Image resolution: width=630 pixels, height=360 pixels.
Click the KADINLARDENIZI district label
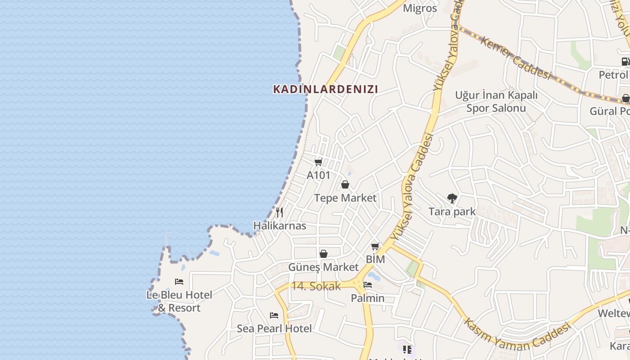click(x=325, y=89)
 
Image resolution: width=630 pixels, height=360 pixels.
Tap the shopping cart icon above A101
click(x=319, y=162)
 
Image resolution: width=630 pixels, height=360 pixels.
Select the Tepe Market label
click(x=345, y=198)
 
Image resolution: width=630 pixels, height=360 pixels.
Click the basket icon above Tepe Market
click(x=345, y=184)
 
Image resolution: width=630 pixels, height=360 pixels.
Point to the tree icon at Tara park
click(x=452, y=198)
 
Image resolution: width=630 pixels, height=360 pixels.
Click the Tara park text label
click(x=452, y=211)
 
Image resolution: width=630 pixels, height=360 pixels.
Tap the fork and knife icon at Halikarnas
click(x=279, y=212)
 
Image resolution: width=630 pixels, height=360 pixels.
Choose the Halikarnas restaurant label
click(x=279, y=226)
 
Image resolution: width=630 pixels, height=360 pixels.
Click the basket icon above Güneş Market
click(x=324, y=254)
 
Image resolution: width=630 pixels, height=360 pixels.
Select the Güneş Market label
click(x=324, y=267)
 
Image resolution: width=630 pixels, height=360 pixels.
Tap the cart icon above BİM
click(x=375, y=246)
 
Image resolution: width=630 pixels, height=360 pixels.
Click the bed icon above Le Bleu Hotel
click(x=179, y=282)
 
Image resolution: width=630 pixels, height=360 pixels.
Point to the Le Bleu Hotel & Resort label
click(x=179, y=301)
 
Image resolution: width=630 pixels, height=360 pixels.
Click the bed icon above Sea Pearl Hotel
click(x=274, y=315)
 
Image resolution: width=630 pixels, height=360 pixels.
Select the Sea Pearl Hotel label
click(x=274, y=328)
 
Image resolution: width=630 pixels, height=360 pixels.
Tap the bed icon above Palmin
click(x=368, y=285)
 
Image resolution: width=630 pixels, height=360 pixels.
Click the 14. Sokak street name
click(x=315, y=286)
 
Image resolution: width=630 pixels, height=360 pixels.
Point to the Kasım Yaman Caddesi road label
click(x=517, y=334)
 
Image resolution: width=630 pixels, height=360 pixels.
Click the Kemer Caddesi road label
click(x=516, y=58)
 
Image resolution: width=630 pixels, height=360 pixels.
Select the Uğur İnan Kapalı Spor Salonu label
click(x=496, y=102)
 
